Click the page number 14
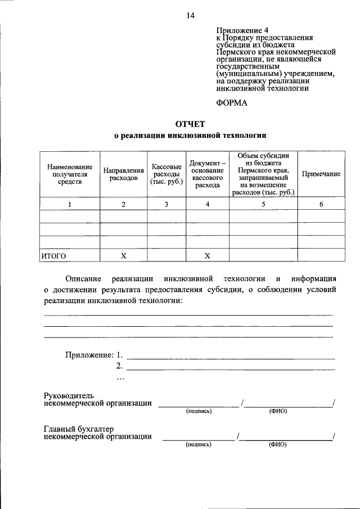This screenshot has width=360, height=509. click(x=190, y=16)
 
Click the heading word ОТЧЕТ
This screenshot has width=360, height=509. click(x=190, y=123)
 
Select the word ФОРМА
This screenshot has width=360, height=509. click(x=231, y=103)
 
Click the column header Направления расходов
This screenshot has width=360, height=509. click(x=123, y=173)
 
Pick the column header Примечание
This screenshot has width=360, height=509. click(x=321, y=174)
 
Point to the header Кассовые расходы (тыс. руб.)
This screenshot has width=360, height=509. click(x=166, y=174)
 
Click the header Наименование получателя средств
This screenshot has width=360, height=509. click(x=70, y=174)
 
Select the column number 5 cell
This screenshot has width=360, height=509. click(x=263, y=204)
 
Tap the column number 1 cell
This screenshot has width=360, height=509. click(x=70, y=204)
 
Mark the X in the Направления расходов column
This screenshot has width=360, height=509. click(x=123, y=256)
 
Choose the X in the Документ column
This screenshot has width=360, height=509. click(x=207, y=256)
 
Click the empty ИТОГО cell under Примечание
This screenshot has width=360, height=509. click(x=321, y=256)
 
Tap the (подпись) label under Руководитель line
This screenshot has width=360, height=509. click(x=199, y=411)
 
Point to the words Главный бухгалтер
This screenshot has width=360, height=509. click(x=71, y=429)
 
